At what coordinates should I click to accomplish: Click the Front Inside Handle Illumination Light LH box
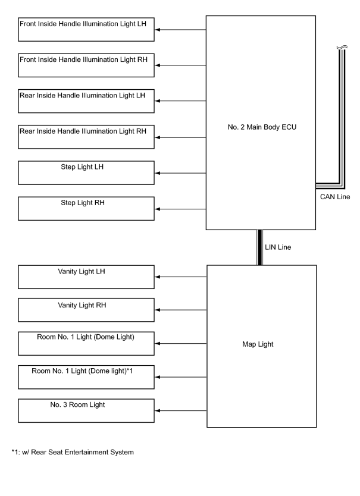pos(86,29)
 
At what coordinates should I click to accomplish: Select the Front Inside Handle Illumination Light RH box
pos(86,65)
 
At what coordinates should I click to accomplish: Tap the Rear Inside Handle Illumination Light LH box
pos(86,101)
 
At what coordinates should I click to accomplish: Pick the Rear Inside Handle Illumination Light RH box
pos(86,137)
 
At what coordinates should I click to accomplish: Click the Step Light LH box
pos(86,172)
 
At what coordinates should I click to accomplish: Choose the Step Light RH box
pos(86,209)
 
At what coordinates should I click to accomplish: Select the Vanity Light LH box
pos(86,277)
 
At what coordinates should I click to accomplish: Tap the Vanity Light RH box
pos(86,310)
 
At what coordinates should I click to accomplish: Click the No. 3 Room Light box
pos(86,410)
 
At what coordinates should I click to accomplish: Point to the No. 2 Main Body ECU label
pos(262,127)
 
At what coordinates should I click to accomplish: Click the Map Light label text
pos(258,344)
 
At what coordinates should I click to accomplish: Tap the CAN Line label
pos(335,197)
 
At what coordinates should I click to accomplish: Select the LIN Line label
pos(278,247)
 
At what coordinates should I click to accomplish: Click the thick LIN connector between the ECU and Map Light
pos(259,247)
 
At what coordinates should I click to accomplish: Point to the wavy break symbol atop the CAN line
pos(342,48)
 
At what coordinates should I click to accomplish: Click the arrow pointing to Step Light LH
pos(180,173)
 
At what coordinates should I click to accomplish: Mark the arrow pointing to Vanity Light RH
pos(181,310)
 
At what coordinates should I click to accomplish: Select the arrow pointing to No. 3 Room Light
pos(181,410)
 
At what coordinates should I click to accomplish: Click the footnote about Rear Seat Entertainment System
pos(73,453)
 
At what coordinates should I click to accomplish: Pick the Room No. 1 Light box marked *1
pos(86,377)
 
